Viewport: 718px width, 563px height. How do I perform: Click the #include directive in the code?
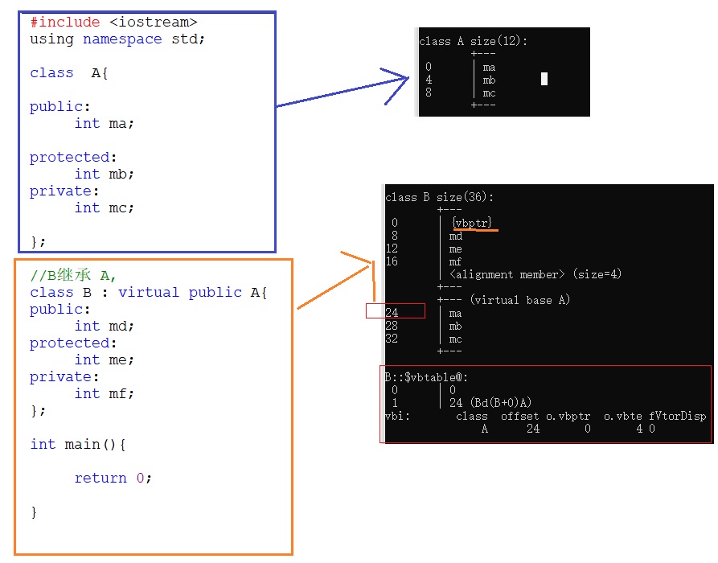click(65, 22)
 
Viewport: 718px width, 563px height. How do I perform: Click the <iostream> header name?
click(154, 22)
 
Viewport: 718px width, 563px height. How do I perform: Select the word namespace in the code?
click(122, 39)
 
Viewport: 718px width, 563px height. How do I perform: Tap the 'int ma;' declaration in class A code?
click(105, 124)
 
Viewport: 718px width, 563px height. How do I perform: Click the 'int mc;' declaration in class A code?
click(105, 208)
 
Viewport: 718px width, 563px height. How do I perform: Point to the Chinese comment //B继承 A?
click(73, 275)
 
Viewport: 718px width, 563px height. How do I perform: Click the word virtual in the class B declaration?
click(149, 292)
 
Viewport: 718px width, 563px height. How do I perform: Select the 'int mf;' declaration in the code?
click(105, 393)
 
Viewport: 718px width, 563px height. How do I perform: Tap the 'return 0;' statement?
click(113, 479)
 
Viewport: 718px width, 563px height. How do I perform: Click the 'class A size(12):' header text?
click(473, 41)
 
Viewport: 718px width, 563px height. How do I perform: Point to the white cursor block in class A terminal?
click(544, 79)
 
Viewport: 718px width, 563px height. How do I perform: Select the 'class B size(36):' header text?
click(439, 197)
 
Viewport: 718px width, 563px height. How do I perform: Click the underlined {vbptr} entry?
click(472, 223)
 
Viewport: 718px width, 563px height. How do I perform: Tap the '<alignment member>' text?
click(507, 274)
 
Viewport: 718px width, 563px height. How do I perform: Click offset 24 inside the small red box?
click(392, 313)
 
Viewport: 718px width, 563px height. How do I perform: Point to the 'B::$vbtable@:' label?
click(426, 377)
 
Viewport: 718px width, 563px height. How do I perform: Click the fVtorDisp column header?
click(677, 416)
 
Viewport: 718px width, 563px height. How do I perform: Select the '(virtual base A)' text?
click(519, 300)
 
